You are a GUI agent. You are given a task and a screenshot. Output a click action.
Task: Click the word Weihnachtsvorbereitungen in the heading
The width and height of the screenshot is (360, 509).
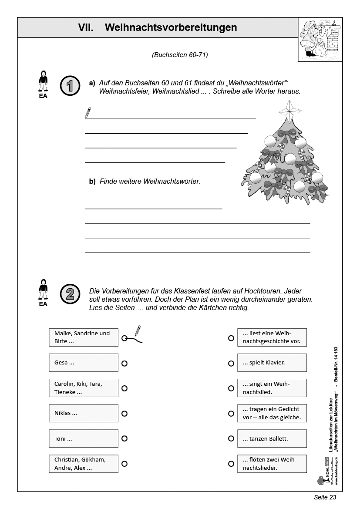click(x=171, y=27)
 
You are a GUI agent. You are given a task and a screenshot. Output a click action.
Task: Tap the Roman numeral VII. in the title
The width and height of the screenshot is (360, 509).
click(x=86, y=27)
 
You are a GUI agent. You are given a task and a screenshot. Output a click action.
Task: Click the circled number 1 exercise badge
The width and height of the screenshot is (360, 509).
click(x=70, y=85)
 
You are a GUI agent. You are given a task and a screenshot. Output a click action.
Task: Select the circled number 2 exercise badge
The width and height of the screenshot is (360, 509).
click(x=70, y=294)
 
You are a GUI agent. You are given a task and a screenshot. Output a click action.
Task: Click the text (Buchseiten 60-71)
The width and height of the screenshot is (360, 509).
click(x=180, y=55)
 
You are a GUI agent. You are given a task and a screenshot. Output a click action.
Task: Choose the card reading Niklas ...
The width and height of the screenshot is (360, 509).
click(x=84, y=413)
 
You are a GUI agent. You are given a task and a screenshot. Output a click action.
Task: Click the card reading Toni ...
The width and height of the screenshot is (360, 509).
click(x=84, y=438)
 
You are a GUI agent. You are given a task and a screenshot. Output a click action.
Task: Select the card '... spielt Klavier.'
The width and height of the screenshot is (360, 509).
click(x=272, y=363)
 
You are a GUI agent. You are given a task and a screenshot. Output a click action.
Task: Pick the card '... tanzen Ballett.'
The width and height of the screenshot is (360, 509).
click(x=272, y=438)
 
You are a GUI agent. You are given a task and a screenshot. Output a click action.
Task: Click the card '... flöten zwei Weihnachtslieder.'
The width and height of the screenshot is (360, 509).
click(x=272, y=464)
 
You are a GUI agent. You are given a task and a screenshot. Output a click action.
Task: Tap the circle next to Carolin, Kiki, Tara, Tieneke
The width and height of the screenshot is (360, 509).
click(x=124, y=388)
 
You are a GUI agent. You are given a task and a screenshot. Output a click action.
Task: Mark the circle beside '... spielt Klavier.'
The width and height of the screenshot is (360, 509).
click(x=231, y=363)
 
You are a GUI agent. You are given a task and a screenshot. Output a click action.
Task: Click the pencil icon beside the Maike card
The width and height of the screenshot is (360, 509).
click(x=138, y=330)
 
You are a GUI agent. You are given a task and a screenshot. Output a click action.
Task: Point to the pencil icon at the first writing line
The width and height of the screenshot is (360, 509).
click(x=88, y=113)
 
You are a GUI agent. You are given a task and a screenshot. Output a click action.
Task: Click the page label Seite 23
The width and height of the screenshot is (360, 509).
click(x=325, y=497)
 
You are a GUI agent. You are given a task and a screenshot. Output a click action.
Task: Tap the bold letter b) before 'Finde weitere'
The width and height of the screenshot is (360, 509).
click(x=92, y=181)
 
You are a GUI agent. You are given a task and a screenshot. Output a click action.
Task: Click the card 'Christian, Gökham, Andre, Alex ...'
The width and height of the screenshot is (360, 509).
click(x=84, y=464)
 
